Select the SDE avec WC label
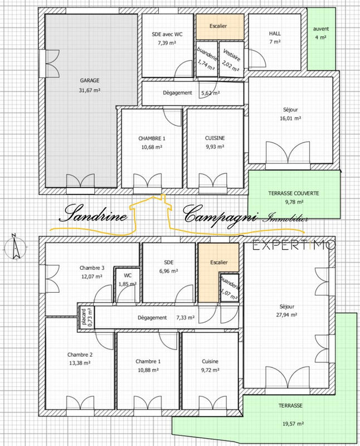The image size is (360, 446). (x=167, y=33)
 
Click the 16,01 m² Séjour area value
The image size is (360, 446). (x=290, y=118)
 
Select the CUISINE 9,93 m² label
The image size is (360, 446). (x=214, y=142)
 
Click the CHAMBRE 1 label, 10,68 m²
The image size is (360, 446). (x=152, y=142)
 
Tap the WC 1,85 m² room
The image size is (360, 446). (x=127, y=279)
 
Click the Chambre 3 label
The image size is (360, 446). (x=91, y=267)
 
